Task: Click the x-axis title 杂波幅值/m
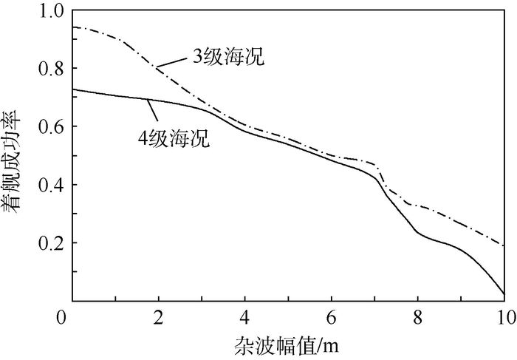(x=288, y=345)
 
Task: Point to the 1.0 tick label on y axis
(x=51, y=12)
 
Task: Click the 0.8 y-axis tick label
(x=51, y=69)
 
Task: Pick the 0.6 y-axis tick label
(x=51, y=127)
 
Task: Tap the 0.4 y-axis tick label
(x=51, y=185)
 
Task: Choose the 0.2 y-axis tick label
(x=51, y=243)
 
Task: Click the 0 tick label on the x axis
(x=72, y=316)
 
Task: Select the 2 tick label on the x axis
(x=158, y=316)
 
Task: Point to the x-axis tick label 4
(x=244, y=316)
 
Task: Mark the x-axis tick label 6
(x=332, y=316)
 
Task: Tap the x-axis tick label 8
(x=418, y=316)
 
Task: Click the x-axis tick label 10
(x=504, y=316)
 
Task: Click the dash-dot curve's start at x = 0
(x=72, y=27)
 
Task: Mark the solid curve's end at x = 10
(x=504, y=295)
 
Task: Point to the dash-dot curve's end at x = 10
(x=504, y=245)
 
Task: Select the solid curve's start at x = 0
(x=72, y=89)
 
